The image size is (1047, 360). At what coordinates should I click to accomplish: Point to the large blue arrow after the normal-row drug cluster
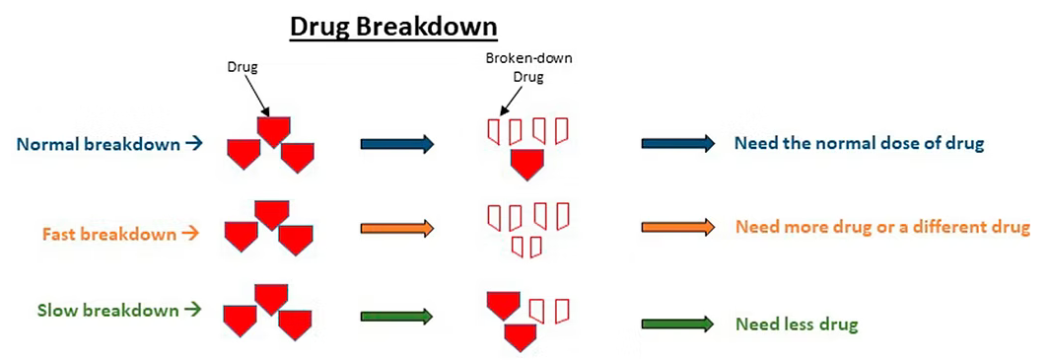[396, 145]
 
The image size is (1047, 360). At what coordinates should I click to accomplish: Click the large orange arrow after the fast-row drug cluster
[396, 229]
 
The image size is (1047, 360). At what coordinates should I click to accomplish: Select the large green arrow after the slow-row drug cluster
[396, 317]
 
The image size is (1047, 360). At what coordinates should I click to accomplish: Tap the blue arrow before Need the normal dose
[678, 144]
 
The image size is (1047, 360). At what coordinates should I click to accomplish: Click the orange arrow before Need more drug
[678, 228]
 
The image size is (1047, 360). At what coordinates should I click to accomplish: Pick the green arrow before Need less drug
[678, 324]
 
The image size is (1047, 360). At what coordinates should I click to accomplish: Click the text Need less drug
[797, 324]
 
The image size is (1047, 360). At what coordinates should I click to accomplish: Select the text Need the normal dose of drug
[860, 144]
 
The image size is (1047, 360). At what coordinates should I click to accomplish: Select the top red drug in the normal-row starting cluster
[273, 130]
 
